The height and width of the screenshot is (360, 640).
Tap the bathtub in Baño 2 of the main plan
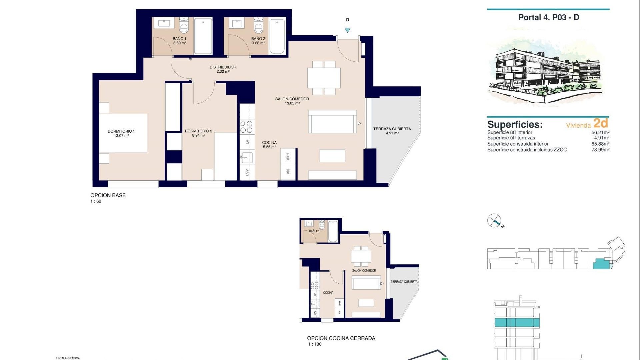point(277,36)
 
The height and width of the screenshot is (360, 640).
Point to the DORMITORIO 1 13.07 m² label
point(121,133)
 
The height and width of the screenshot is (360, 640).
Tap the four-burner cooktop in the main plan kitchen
point(247,127)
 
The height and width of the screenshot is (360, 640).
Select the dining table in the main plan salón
point(324,78)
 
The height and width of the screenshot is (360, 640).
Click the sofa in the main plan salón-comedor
point(332,122)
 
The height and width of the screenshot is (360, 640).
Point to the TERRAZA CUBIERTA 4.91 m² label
point(392,131)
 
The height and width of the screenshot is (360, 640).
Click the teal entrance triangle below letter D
point(347,30)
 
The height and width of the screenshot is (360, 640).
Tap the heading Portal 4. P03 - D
point(549,17)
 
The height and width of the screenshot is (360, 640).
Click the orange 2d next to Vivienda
point(601,123)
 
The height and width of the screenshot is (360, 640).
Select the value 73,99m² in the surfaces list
point(600,150)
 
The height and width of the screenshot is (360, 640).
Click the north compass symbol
point(494,221)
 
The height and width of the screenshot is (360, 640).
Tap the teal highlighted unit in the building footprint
point(601,264)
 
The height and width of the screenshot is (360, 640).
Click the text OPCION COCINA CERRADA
point(341,338)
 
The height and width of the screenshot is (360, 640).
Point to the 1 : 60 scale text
point(96,201)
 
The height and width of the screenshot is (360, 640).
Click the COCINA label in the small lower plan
point(328,292)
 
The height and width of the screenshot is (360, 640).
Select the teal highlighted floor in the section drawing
point(516,322)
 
